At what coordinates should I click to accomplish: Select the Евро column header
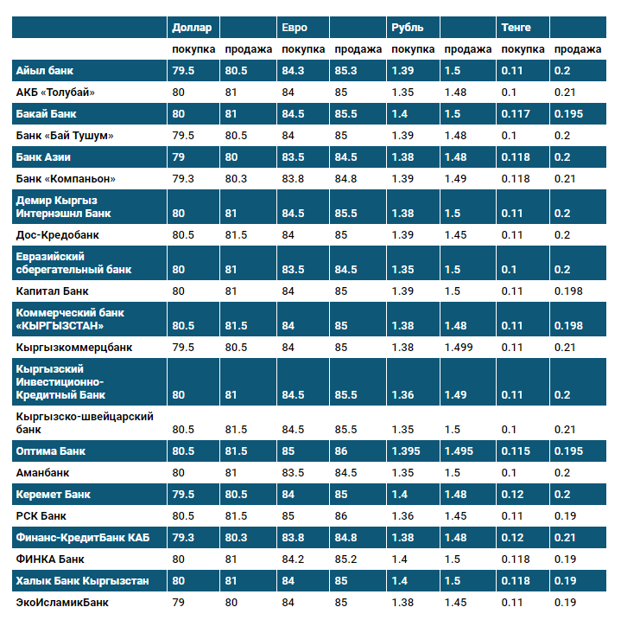coord(295,28)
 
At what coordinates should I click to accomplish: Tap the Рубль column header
coord(407,28)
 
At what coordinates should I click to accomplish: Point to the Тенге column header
coord(516,28)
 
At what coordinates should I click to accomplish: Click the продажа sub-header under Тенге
coord(577,49)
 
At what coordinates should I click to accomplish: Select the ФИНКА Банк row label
coord(51,559)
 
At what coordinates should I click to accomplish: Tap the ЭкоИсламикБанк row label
coord(62,602)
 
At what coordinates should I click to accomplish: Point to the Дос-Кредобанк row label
coord(57,234)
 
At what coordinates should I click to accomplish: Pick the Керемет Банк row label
coord(54,495)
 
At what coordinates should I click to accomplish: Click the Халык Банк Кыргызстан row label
coord(82,580)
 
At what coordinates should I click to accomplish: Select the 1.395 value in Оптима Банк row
coord(405,451)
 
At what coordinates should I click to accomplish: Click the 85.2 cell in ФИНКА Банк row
coord(345,559)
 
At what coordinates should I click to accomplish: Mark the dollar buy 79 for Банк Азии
coord(179,157)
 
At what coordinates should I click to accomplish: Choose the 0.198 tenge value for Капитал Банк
coord(569,291)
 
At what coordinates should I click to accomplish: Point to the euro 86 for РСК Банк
coord(341,516)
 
